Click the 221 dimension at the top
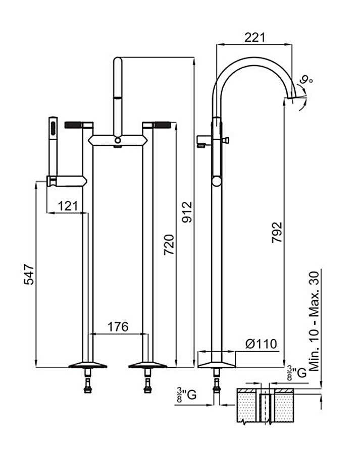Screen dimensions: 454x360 point(254,37)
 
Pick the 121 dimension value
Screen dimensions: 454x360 point(68,206)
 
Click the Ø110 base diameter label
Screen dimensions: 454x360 point(261,344)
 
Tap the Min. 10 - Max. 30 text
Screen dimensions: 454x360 point(314,321)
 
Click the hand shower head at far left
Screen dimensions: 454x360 point(53,129)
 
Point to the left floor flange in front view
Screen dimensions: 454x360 point(88,365)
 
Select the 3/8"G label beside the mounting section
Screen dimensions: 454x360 point(187,394)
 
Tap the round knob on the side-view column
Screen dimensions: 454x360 point(217,182)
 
